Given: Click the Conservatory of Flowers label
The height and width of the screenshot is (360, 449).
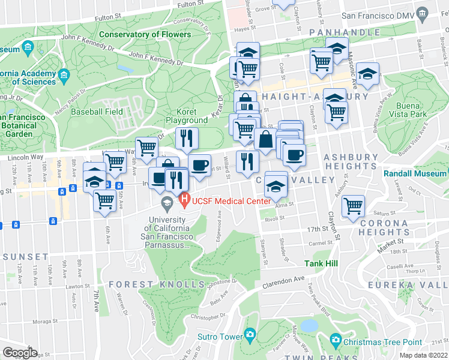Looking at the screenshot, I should (x=145, y=34).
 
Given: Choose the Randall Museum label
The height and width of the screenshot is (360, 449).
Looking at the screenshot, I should (x=415, y=173).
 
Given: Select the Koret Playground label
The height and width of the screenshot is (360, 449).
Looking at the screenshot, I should (x=187, y=116).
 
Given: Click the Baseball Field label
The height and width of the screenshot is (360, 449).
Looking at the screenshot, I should (x=97, y=112).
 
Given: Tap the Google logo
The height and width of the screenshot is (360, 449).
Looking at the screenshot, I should (x=20, y=353).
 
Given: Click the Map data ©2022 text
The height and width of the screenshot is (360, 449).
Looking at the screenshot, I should (x=423, y=355).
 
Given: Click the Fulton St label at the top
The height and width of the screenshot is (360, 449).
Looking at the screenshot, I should (x=187, y=4).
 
